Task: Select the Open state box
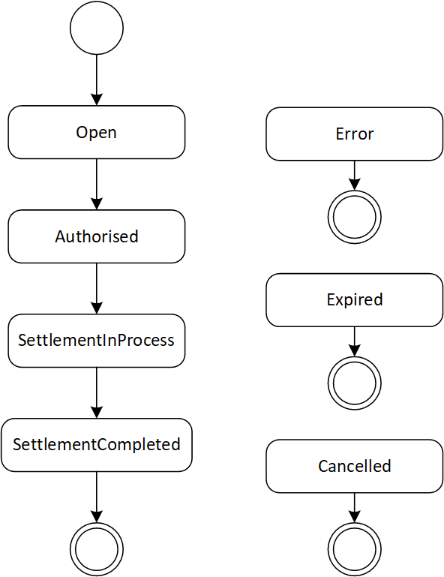[97, 133]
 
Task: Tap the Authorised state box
[97, 236]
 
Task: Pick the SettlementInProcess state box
[97, 341]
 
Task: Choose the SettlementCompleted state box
[97, 445]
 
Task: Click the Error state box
[355, 134]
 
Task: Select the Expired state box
[355, 300]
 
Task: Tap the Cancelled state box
[355, 466]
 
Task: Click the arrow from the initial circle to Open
[97, 80]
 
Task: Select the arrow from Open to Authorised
[97, 185]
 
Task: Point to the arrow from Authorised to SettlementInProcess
[97, 288]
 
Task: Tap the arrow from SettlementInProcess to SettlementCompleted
[97, 392]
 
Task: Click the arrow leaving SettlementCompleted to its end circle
[97, 497]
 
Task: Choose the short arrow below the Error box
[355, 176]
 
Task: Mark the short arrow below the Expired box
[355, 341]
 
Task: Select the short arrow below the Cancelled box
[355, 508]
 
